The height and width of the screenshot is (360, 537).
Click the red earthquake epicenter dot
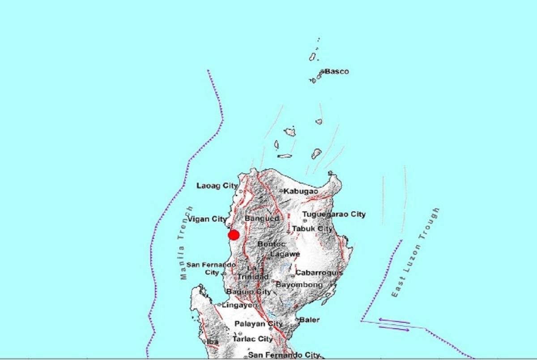(233, 235)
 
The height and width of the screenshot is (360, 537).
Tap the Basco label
(337, 71)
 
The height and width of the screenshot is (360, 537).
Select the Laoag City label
(217, 185)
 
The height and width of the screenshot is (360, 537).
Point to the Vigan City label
(207, 219)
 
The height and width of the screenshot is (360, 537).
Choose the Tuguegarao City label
(334, 214)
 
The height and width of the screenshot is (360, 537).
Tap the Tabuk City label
(312, 229)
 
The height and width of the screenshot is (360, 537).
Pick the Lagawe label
(285, 254)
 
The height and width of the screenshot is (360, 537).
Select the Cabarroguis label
(319, 273)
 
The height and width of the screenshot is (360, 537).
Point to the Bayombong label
(299, 285)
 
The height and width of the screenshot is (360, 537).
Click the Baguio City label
(248, 292)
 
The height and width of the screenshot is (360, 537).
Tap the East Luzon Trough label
(415, 253)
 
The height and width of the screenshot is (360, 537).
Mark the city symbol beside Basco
(322, 72)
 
